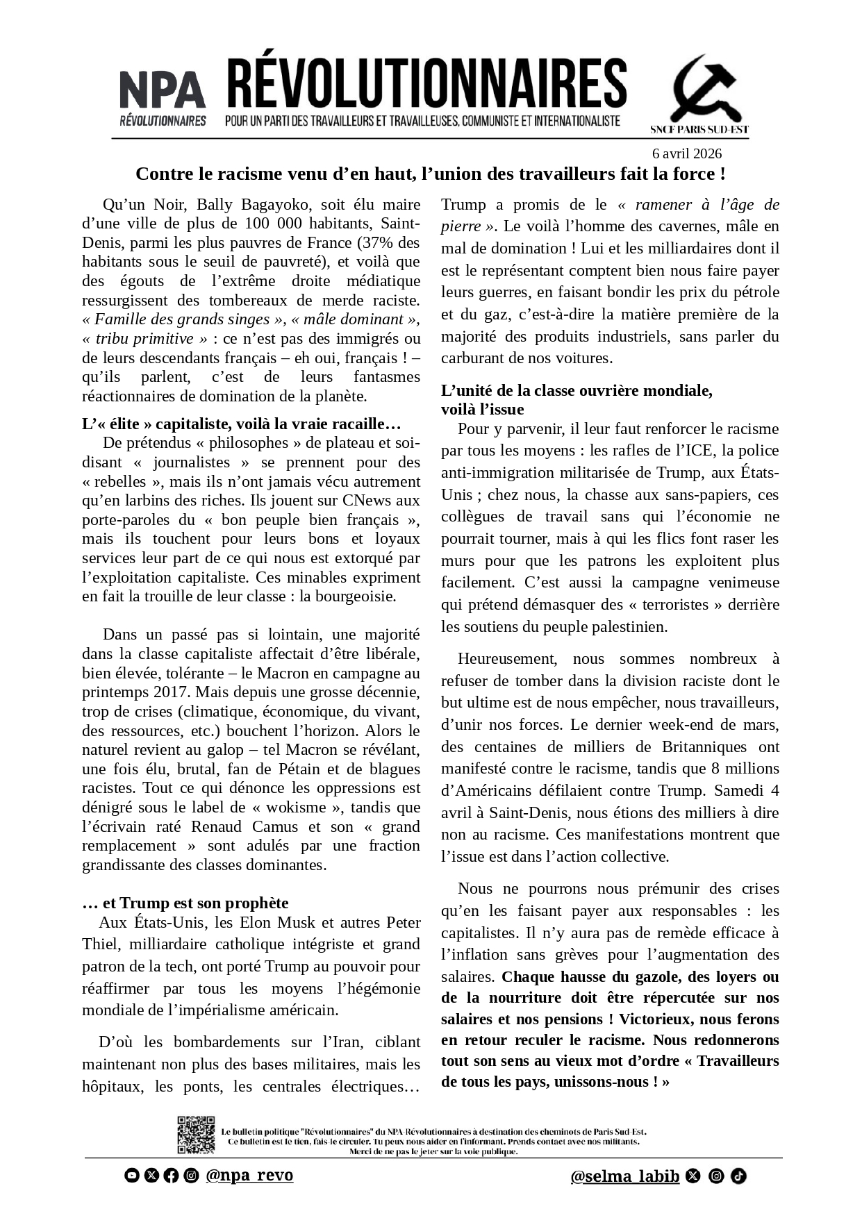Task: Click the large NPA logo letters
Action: point(163,90)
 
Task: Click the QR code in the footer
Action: point(196,1135)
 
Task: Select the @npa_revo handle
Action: point(249,1175)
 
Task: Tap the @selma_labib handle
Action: point(624,1176)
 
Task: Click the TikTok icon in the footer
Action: point(738,1176)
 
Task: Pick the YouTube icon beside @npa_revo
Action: point(131,1175)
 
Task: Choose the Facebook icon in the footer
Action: point(171,1175)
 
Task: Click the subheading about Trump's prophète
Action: point(185,903)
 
